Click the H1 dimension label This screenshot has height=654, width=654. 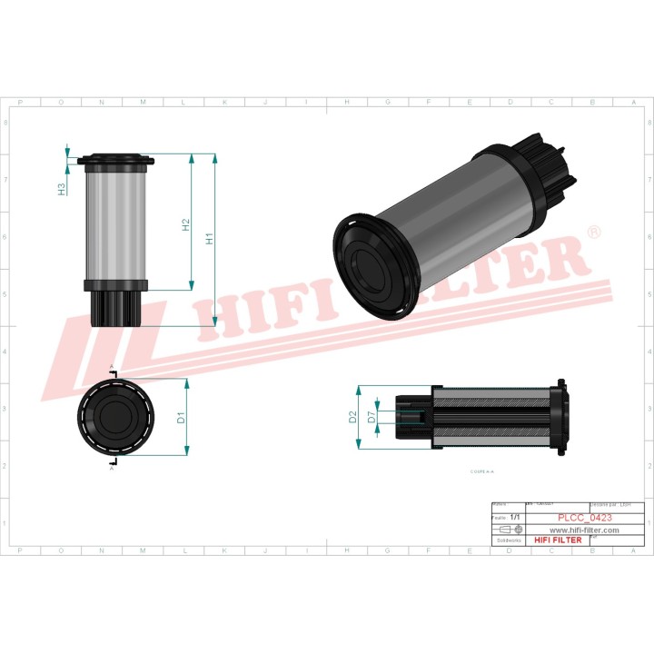210,239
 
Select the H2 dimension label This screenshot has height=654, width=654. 186,223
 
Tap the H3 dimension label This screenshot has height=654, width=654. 62,189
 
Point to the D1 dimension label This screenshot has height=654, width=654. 181,418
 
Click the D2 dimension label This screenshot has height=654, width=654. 352,417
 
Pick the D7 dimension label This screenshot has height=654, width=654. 371,417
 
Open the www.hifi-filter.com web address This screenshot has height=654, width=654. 584,530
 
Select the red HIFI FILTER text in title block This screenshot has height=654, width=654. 557,540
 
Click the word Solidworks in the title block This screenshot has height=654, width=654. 506,540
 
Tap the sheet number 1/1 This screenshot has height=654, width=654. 515,517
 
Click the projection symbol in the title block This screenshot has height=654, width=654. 510,529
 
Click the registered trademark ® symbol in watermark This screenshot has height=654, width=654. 594,233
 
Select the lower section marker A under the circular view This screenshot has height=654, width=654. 112,469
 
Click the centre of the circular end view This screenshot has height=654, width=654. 116,418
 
